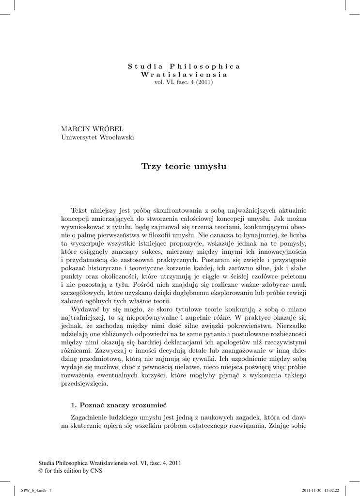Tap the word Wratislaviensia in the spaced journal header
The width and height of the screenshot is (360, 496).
pyautogui.click(x=184, y=74)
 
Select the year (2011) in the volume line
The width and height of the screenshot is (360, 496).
pyautogui.click(x=204, y=82)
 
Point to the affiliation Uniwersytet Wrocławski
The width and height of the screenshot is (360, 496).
pyautogui.click(x=97, y=138)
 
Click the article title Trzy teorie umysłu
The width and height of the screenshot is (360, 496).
pyautogui.click(x=184, y=167)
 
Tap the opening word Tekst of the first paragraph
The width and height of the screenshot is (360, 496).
pyautogui.click(x=80, y=210)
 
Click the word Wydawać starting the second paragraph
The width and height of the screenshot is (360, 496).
pyautogui.click(x=85, y=309)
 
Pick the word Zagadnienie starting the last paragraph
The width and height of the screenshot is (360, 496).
pyautogui.click(x=91, y=417)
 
